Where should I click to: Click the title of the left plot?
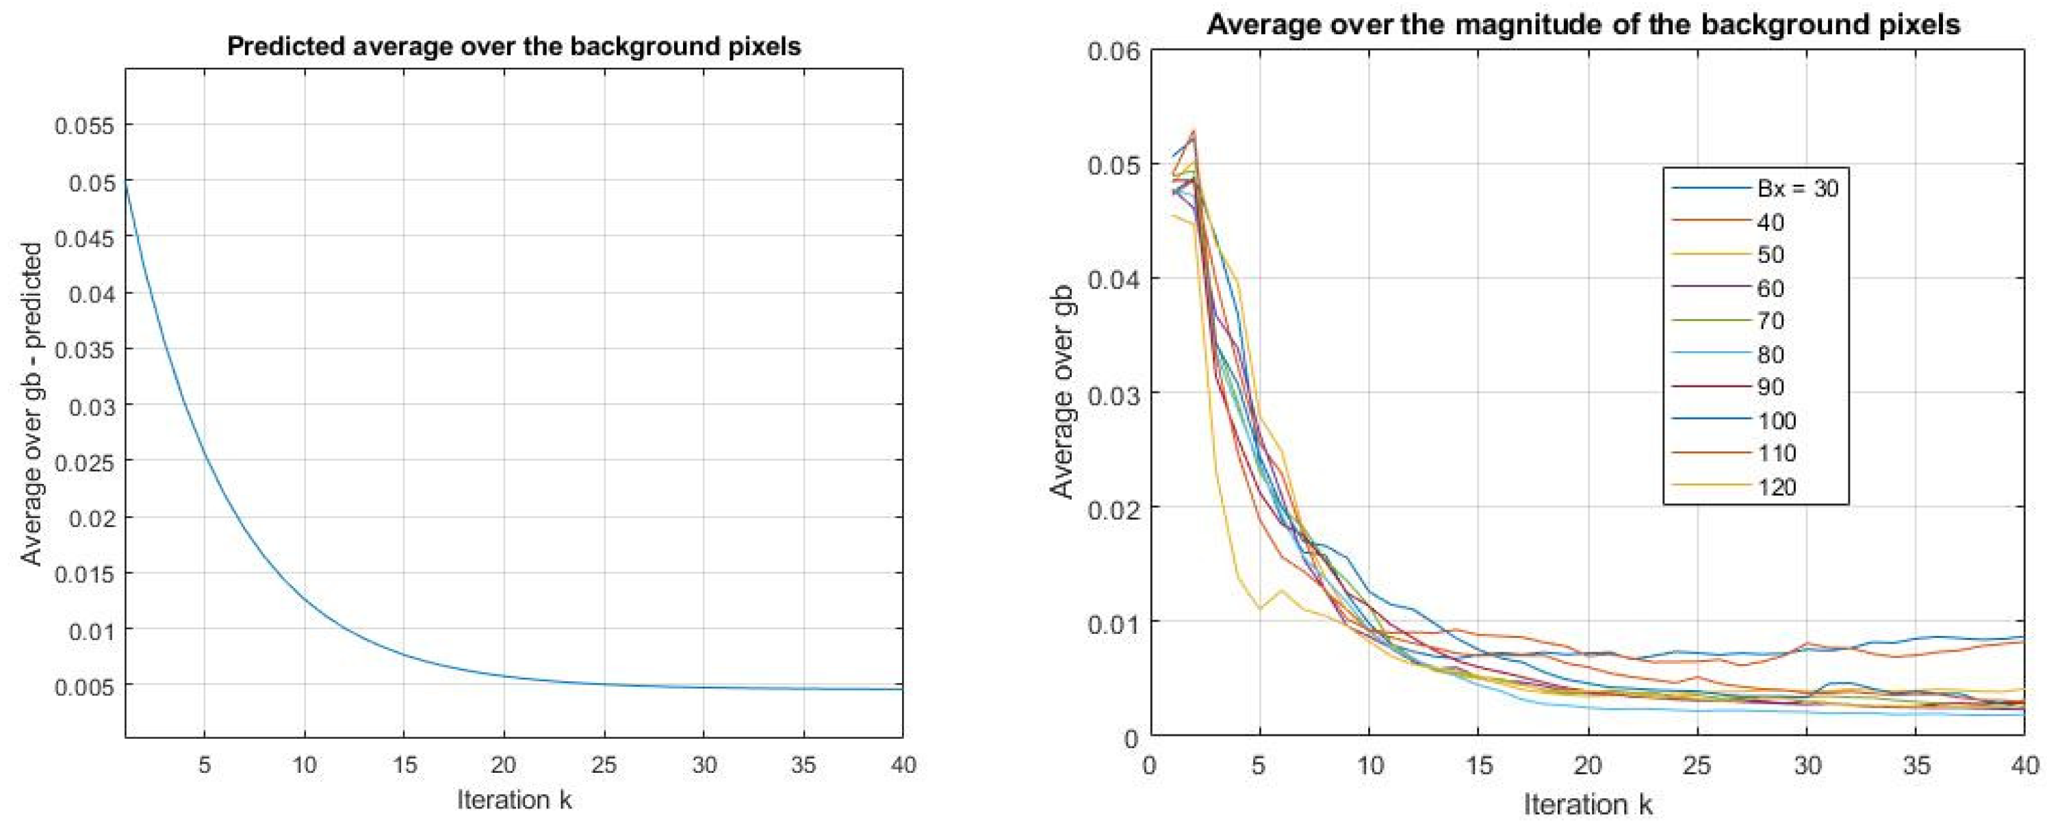coord(513,46)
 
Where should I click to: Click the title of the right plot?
coord(1583,24)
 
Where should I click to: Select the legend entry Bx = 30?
coord(1797,188)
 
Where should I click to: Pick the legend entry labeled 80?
coord(1770,354)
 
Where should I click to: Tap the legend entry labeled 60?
coord(1770,288)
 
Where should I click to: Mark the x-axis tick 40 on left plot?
coord(901,765)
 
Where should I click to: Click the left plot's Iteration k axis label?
coord(513,800)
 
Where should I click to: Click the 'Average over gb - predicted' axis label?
coord(31,405)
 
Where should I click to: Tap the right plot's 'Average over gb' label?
coord(1062,394)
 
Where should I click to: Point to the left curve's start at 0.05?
coord(127,184)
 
